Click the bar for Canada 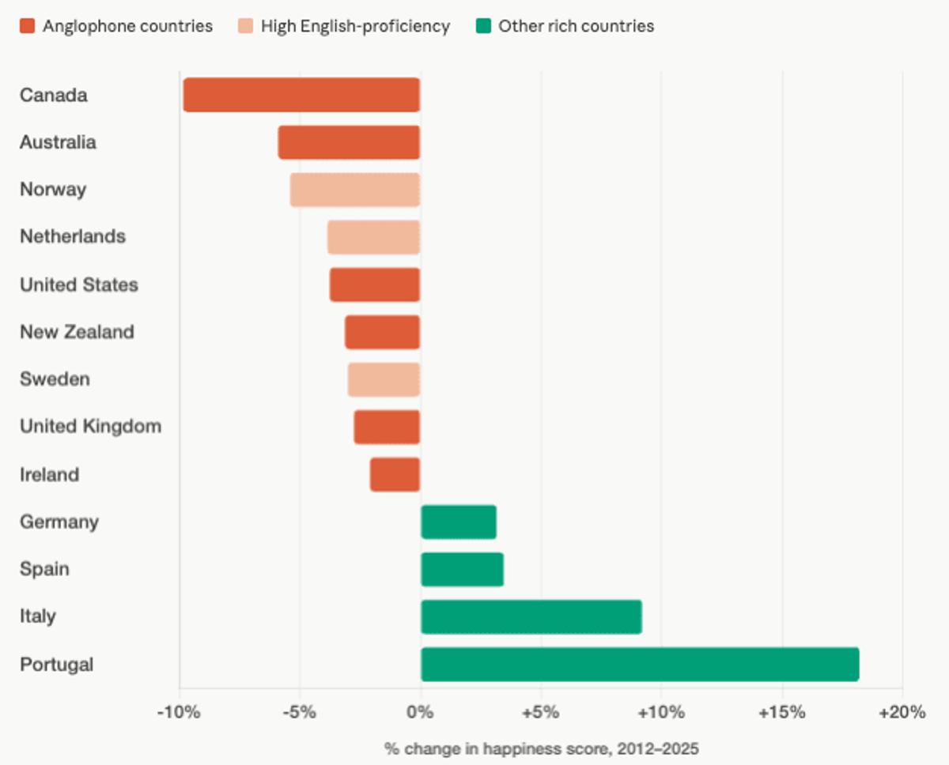click(x=301, y=95)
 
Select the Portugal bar click(x=640, y=664)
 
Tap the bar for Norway click(x=355, y=190)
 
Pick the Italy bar click(x=531, y=616)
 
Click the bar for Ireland click(x=395, y=474)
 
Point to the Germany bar click(x=459, y=522)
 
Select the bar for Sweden click(x=384, y=379)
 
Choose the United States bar click(x=375, y=285)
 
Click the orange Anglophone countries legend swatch click(x=27, y=26)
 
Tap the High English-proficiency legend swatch click(x=245, y=26)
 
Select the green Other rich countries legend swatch click(x=482, y=26)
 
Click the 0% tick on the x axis click(x=421, y=712)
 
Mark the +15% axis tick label click(x=781, y=712)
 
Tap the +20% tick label click(x=902, y=712)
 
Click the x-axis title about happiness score click(x=542, y=748)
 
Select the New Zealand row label click(x=77, y=332)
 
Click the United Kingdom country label click(x=90, y=427)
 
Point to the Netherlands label click(x=73, y=237)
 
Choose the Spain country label click(x=44, y=569)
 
